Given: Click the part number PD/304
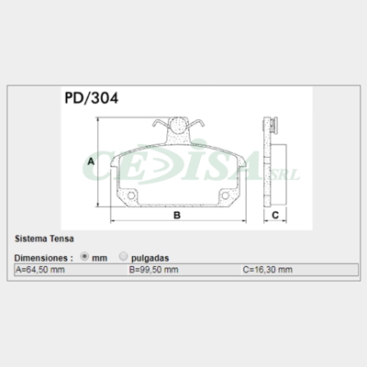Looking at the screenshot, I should click(90, 95).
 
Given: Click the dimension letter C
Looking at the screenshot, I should click(274, 217).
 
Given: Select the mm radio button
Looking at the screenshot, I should click(85, 258).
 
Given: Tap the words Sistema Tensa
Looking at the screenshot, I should click(41, 239).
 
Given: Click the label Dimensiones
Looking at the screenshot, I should click(43, 258).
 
